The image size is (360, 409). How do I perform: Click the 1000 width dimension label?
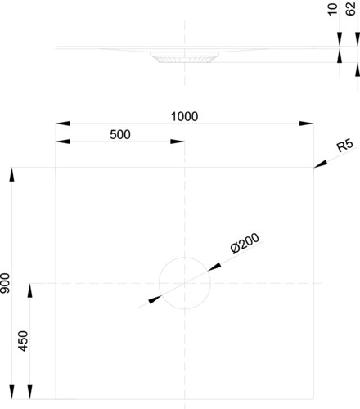click(184, 116)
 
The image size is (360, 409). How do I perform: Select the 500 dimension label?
click(120, 135)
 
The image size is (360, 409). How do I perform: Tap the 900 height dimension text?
click(5, 283)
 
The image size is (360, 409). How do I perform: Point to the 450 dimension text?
click(23, 341)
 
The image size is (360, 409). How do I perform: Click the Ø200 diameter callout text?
click(245, 243)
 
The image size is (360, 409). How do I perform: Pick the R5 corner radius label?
click(345, 146)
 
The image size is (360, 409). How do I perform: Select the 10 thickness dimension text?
click(332, 10)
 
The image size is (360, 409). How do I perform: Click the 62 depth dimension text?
click(351, 9)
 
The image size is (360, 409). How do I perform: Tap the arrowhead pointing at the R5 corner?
click(321, 164)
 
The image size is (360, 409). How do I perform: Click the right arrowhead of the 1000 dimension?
click(306, 124)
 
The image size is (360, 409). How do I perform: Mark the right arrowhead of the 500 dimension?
click(178, 142)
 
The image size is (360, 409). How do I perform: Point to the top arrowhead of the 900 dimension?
click(11, 174)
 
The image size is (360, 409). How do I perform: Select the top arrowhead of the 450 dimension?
click(30, 290)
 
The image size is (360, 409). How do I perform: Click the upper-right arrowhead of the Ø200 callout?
click(214, 267)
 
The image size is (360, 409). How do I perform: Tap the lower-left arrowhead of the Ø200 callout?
click(155, 299)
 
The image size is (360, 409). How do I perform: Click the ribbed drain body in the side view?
click(184, 59)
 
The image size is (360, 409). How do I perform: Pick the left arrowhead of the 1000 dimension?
click(63, 124)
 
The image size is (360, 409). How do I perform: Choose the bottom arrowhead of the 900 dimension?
click(11, 392)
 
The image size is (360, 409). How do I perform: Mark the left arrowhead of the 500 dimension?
click(63, 142)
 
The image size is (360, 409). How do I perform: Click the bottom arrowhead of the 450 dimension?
click(30, 392)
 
